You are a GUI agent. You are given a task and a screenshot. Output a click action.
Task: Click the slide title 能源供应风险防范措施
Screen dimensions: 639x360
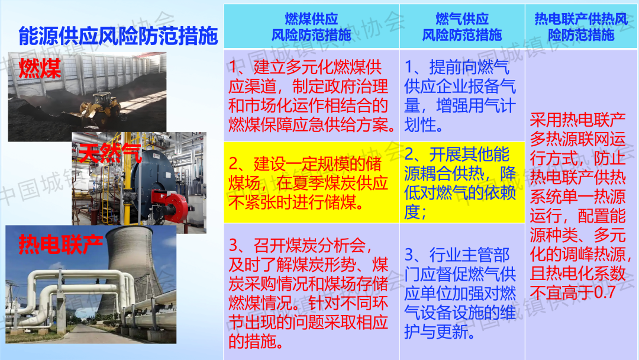click(118, 36)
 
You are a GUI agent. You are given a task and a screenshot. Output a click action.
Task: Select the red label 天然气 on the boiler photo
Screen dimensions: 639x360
click(110, 153)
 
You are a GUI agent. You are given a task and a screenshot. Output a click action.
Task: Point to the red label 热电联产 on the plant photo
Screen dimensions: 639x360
click(60, 245)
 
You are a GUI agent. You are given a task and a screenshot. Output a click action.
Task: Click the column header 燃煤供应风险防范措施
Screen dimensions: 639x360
click(311, 27)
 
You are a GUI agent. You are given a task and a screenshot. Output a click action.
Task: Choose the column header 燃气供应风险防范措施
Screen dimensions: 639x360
click(461, 27)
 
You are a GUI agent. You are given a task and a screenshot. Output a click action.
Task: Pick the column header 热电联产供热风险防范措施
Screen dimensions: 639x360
click(581, 27)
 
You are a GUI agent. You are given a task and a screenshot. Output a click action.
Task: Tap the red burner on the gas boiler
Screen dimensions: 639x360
click(170, 206)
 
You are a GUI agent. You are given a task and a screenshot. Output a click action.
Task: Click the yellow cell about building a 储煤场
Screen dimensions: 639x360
click(311, 182)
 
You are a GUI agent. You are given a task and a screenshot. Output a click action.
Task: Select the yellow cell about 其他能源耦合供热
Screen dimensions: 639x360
click(462, 182)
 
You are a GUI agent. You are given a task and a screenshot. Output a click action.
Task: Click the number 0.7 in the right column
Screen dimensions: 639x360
click(603, 292)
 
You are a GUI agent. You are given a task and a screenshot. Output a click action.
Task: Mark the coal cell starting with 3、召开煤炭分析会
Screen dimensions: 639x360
click(311, 291)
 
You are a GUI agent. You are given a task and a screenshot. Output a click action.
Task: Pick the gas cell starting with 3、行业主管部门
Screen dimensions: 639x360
click(462, 291)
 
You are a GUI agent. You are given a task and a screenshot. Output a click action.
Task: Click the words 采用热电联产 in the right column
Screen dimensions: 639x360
click(578, 120)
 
